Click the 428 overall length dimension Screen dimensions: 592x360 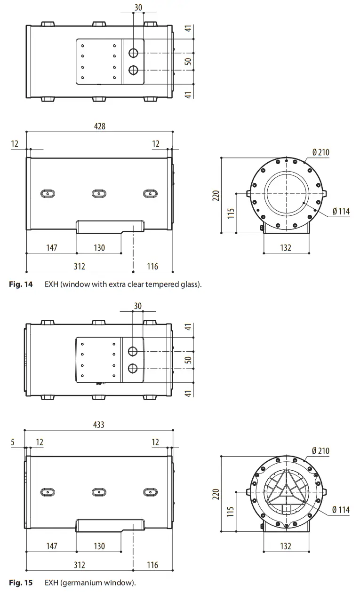99,126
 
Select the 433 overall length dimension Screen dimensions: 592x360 99,425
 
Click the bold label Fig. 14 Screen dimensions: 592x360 21,284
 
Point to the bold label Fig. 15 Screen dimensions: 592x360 21,583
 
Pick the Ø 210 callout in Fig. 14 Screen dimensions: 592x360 320,152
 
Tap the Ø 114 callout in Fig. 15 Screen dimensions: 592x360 341,510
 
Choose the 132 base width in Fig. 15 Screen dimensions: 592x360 286,546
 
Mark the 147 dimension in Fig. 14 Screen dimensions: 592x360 52,247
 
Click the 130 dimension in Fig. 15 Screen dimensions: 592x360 99,546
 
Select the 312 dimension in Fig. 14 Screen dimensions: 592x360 80,267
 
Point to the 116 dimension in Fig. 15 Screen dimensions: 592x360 153,565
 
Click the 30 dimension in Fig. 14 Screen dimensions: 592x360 138,8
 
